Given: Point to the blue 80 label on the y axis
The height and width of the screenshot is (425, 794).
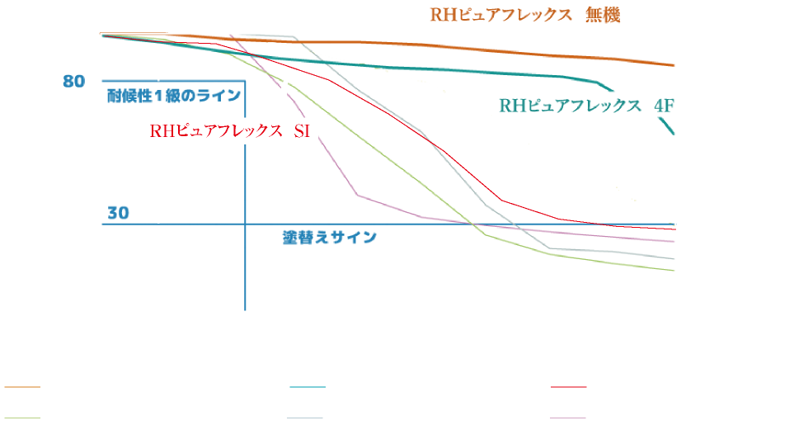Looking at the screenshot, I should (74, 81).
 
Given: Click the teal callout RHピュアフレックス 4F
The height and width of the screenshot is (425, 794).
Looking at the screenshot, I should (586, 106).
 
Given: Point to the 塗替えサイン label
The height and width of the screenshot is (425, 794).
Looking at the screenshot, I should (329, 237).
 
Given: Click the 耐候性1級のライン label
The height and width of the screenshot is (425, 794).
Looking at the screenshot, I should (174, 96).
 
